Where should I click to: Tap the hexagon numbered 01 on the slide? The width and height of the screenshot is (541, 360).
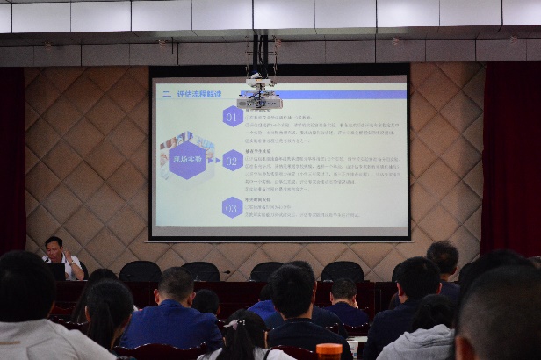[232, 116]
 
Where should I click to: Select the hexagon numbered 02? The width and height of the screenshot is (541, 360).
[232, 160]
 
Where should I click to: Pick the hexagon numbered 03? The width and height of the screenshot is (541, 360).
[232, 207]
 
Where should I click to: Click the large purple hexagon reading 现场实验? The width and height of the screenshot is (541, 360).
[187, 160]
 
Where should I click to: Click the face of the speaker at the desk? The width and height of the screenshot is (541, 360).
[54, 248]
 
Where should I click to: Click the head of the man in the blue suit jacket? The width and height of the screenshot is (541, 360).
[176, 284]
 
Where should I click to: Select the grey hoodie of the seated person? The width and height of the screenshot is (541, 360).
[418, 342]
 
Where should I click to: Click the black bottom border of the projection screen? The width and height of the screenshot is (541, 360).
[279, 237]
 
